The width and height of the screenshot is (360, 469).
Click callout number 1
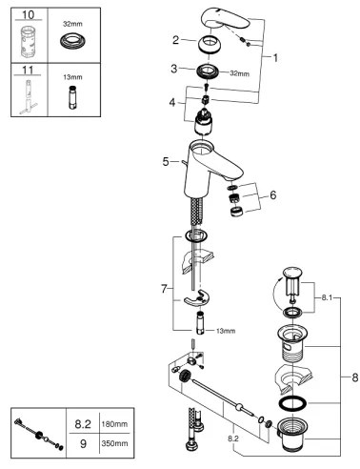[x=275, y=56]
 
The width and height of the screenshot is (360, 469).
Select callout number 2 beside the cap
[x=175, y=40]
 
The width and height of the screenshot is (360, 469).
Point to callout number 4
[x=172, y=100]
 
